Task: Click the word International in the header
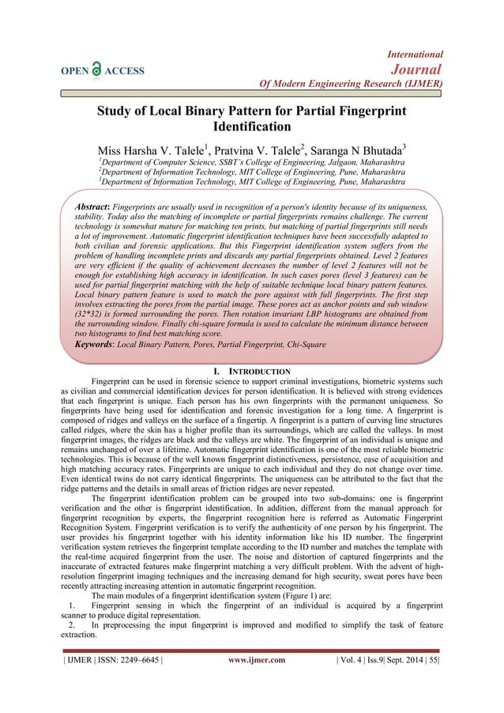[x=416, y=54]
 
